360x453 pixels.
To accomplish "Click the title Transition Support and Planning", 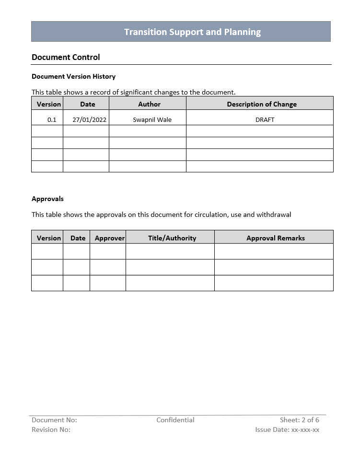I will tap(192, 32).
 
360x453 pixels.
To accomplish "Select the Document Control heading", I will tap(66, 57).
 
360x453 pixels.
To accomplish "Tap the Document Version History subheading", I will tap(73, 76).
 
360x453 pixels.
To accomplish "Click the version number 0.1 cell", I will tap(52, 119).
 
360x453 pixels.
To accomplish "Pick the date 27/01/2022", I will tap(89, 119).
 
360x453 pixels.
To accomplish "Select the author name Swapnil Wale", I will tap(152, 119).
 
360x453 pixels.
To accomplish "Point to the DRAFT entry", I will tap(265, 119).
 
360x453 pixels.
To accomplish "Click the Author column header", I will tap(149, 104).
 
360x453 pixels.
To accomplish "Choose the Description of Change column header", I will tap(262, 104).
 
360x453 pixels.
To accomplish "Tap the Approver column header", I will tap(110, 238).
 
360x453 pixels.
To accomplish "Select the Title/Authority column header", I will tap(172, 238).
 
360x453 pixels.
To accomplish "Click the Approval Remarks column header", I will tap(276, 238).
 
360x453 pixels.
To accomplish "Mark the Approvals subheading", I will tap(47, 199).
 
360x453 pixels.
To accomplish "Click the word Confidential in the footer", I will tap(175, 420).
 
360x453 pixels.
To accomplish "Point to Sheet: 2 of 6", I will tap(300, 420).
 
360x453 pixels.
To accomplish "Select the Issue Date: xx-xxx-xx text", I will tap(287, 429).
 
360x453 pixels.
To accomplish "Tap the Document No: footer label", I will tap(54, 420).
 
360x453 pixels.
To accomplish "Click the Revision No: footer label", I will tap(51, 429).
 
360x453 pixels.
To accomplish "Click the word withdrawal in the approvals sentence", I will tap(274, 215).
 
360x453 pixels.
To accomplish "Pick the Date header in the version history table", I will tap(88, 104).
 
